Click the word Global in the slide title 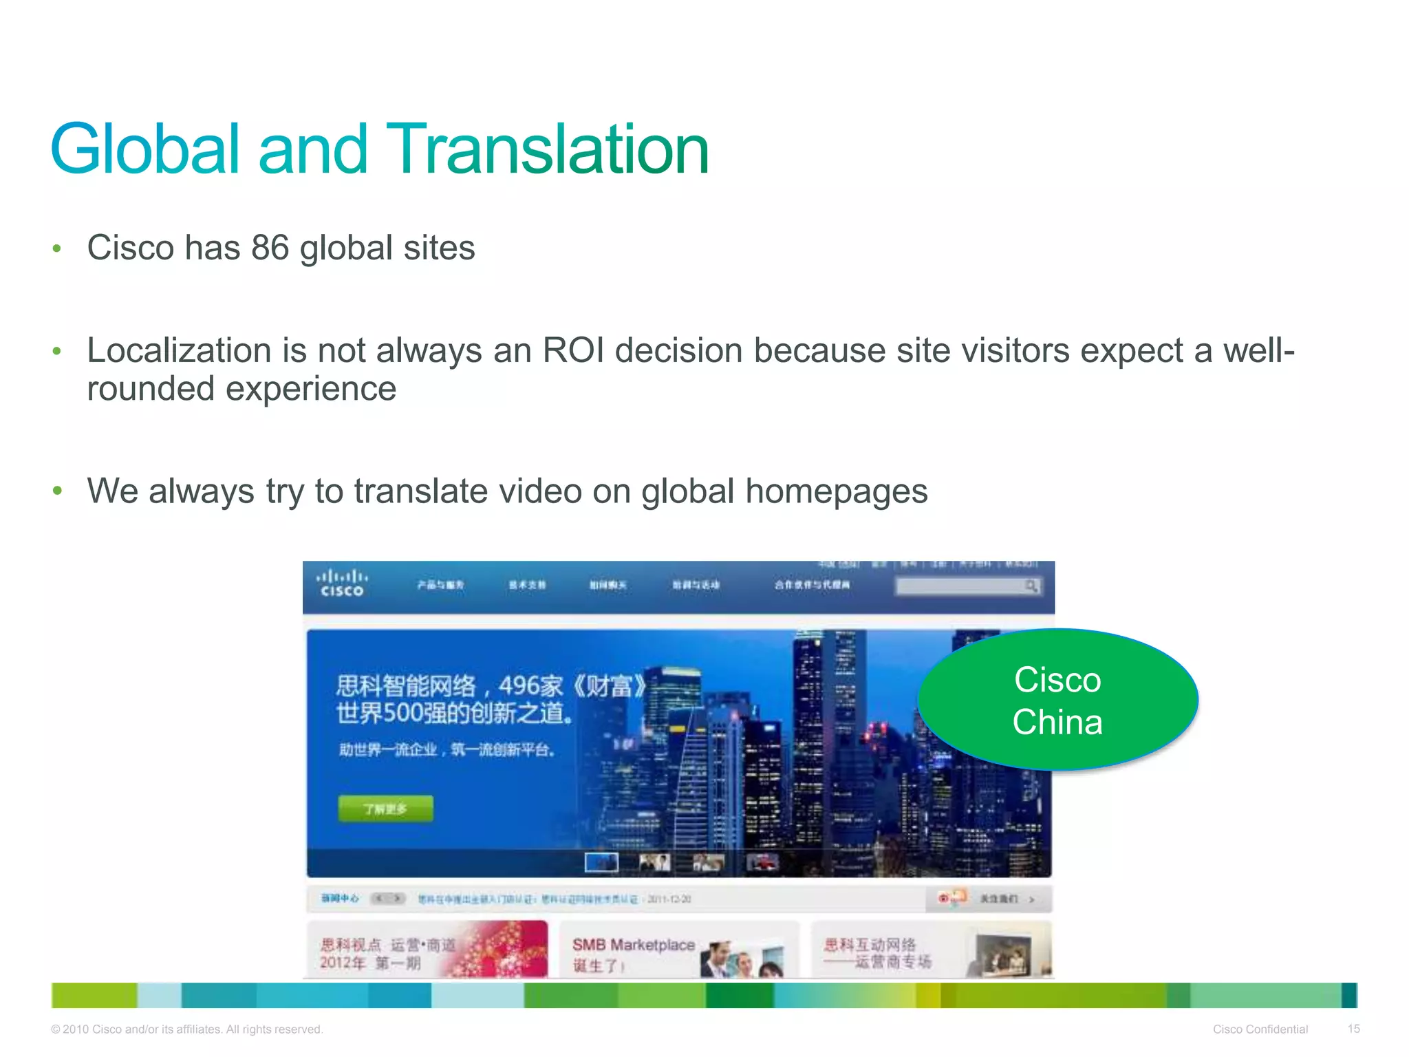click(144, 149)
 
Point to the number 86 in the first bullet click(270, 248)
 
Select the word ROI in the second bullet click(573, 350)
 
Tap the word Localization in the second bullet click(180, 350)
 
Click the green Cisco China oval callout click(1057, 700)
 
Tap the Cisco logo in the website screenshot click(342, 583)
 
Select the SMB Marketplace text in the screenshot click(633, 945)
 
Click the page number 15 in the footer click(1353, 1029)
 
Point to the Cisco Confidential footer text click(1260, 1029)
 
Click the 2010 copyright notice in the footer click(186, 1029)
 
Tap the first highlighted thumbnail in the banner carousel click(601, 862)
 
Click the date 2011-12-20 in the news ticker click(669, 899)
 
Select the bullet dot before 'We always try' click(57, 491)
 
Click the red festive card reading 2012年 click(427, 950)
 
